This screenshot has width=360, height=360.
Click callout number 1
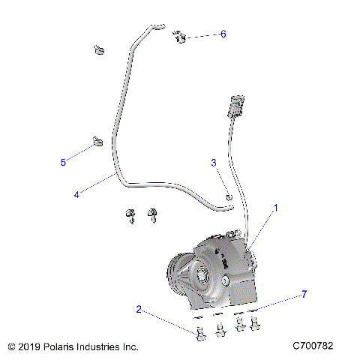tap(275, 207)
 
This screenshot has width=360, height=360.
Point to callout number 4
tap(76, 194)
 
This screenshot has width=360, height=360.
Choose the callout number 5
tap(64, 161)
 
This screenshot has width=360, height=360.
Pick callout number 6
tap(223, 34)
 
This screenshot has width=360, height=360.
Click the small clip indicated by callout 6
tap(178, 37)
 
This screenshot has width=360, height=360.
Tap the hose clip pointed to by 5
tap(97, 141)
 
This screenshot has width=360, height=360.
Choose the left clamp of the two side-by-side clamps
tap(130, 216)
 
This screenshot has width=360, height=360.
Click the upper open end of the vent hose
tap(158, 26)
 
